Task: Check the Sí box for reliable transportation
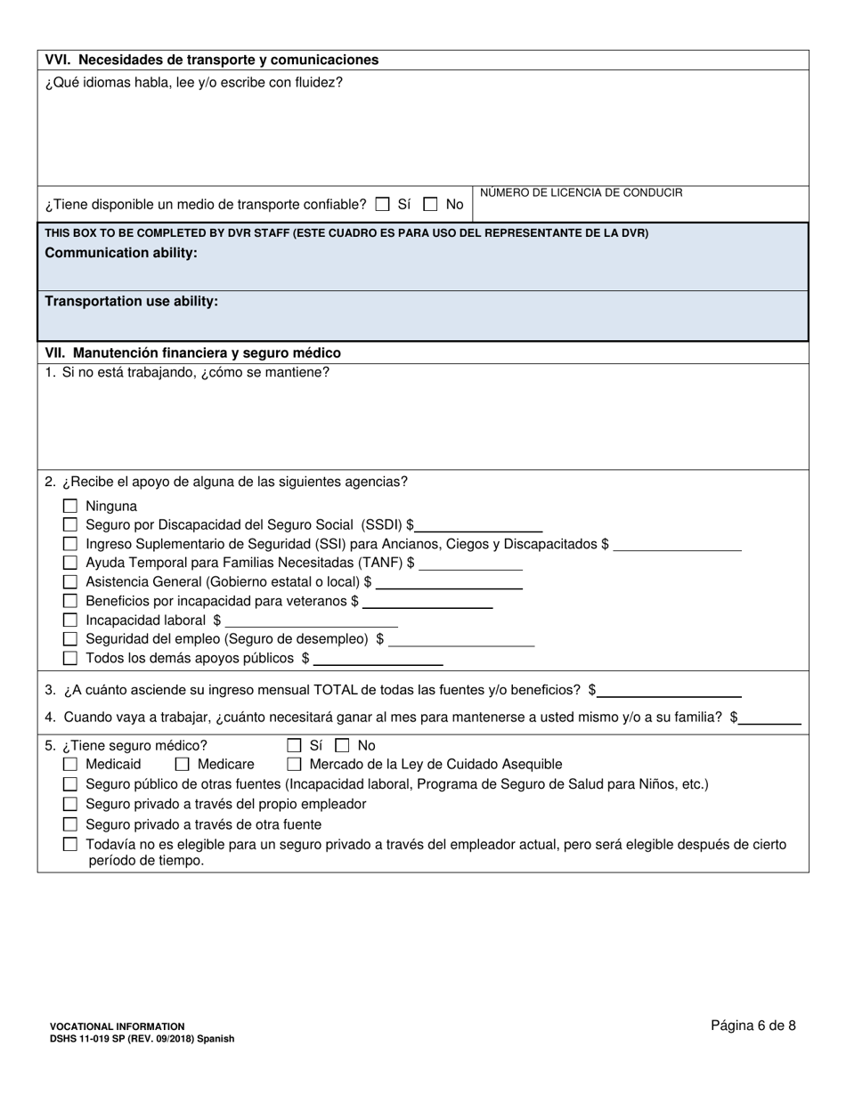[x=383, y=204]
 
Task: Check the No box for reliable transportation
[x=431, y=204]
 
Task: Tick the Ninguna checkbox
[x=70, y=506]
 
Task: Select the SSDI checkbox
[x=70, y=524]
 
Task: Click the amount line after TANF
[x=470, y=564]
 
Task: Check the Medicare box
[x=183, y=764]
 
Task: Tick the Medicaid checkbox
[x=70, y=764]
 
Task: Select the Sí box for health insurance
[x=295, y=745]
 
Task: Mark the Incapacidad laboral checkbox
[x=70, y=620]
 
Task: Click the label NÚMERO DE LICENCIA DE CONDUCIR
[x=582, y=192]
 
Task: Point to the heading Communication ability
[x=121, y=253]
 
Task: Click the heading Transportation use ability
[x=131, y=301]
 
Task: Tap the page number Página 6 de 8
[x=752, y=1025]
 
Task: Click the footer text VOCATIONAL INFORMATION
[x=117, y=1026]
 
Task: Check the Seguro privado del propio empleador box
[x=70, y=804]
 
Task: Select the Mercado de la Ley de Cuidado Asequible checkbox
[x=294, y=764]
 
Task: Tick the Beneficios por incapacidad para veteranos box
[x=70, y=601]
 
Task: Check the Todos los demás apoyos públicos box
[x=70, y=658]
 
